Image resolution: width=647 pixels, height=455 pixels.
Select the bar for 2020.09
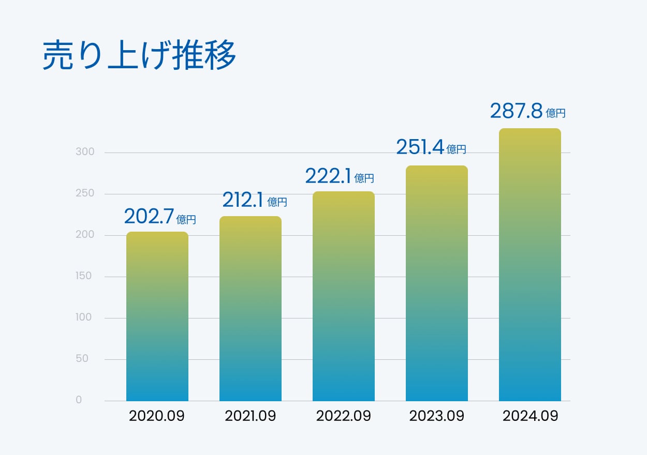tap(157, 316)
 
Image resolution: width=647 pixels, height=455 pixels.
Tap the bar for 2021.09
tap(251, 309)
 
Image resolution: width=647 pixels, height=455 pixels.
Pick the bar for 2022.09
tap(344, 296)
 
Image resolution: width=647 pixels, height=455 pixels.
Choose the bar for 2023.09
tap(437, 283)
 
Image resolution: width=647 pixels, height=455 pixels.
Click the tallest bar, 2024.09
tap(530, 265)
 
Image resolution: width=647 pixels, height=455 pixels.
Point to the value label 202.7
tap(149, 216)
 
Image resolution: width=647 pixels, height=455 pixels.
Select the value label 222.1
tap(328, 176)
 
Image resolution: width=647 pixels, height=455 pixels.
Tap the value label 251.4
tap(420, 147)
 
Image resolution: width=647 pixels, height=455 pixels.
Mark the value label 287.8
tap(516, 111)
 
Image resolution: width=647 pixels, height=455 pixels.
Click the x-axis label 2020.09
tap(157, 416)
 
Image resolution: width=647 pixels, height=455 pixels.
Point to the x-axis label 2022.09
tap(344, 416)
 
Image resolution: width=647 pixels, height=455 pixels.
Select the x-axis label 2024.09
tap(531, 416)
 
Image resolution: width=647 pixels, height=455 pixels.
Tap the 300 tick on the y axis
tap(85, 152)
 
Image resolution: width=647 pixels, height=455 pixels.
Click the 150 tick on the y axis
tap(83, 276)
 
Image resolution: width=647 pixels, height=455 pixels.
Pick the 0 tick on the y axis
tap(79, 400)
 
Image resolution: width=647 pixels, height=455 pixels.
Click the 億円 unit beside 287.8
tap(556, 113)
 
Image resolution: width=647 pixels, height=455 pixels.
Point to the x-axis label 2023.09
tap(437, 416)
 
